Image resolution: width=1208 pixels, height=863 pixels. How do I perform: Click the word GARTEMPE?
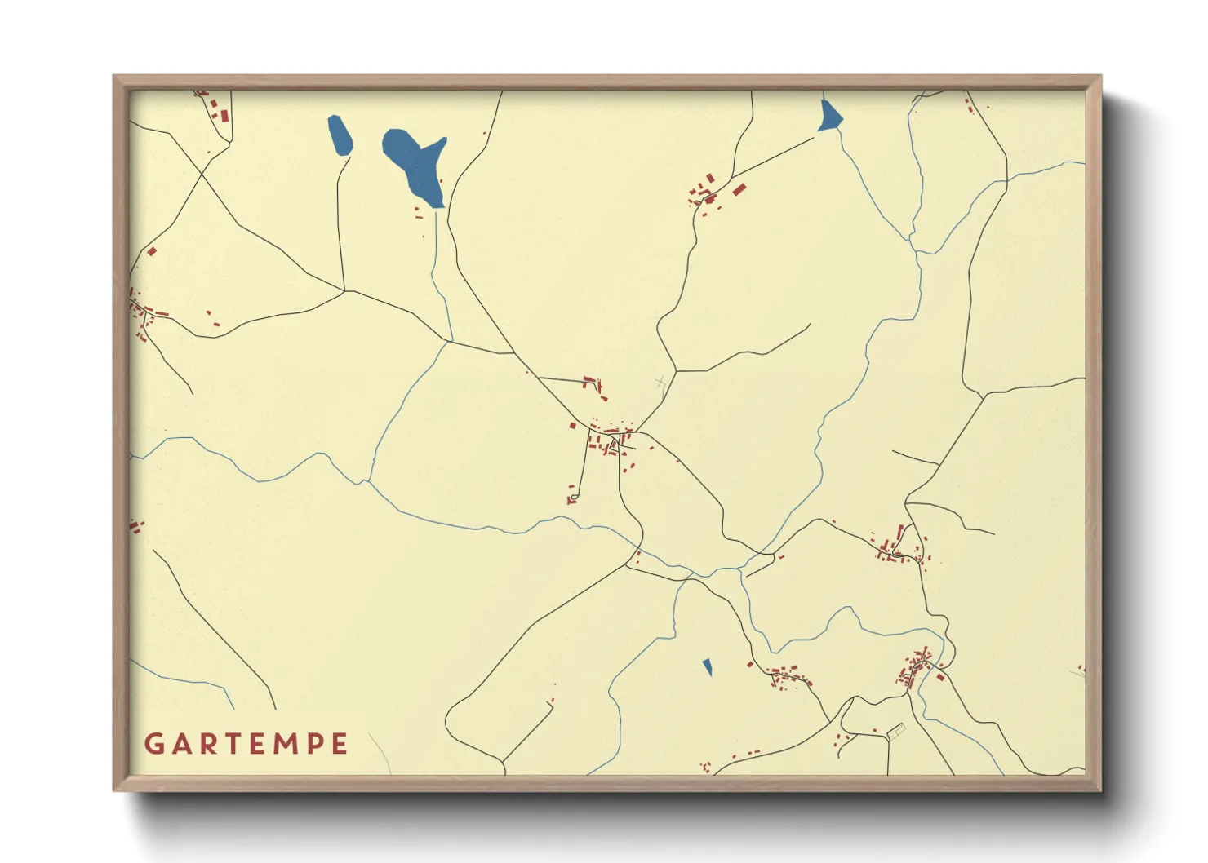(x=246, y=744)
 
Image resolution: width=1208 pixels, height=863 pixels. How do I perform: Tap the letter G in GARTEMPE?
(x=153, y=744)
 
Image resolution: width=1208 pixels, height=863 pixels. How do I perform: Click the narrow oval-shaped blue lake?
(x=340, y=135)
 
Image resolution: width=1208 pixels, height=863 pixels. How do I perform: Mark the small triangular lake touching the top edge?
(x=829, y=117)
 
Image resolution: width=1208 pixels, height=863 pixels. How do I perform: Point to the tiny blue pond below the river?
(x=708, y=667)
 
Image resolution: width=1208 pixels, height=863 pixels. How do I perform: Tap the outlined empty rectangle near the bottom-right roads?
(x=896, y=731)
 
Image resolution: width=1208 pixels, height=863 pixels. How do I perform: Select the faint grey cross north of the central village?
(x=660, y=382)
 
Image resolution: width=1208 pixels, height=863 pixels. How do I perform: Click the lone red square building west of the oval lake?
(x=152, y=251)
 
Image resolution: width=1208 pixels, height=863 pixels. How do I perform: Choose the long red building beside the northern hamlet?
(x=739, y=189)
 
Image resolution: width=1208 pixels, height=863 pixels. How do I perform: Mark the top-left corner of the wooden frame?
(x=114, y=76)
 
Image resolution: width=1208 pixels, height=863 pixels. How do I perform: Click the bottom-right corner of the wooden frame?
(x=1100, y=790)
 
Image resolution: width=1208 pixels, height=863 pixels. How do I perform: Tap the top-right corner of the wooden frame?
(x=1100, y=76)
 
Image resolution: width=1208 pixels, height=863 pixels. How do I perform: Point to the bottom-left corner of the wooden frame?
(x=114, y=790)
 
